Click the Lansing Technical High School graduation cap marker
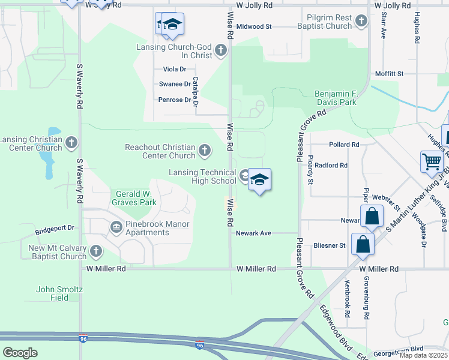tap(259, 179)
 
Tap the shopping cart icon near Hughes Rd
tap(432, 161)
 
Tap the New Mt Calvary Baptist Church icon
tap(95, 251)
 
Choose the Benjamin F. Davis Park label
tap(336, 98)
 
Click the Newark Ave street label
tap(255, 233)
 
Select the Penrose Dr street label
tap(175, 100)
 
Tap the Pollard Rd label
tap(343, 145)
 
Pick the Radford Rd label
tap(331, 165)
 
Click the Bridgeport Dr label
tap(54, 228)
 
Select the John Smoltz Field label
tap(59, 293)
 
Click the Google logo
tap(20, 352)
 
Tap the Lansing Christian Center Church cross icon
tap(71, 143)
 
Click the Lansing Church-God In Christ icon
tap(221, 50)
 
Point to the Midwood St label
tap(254, 26)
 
